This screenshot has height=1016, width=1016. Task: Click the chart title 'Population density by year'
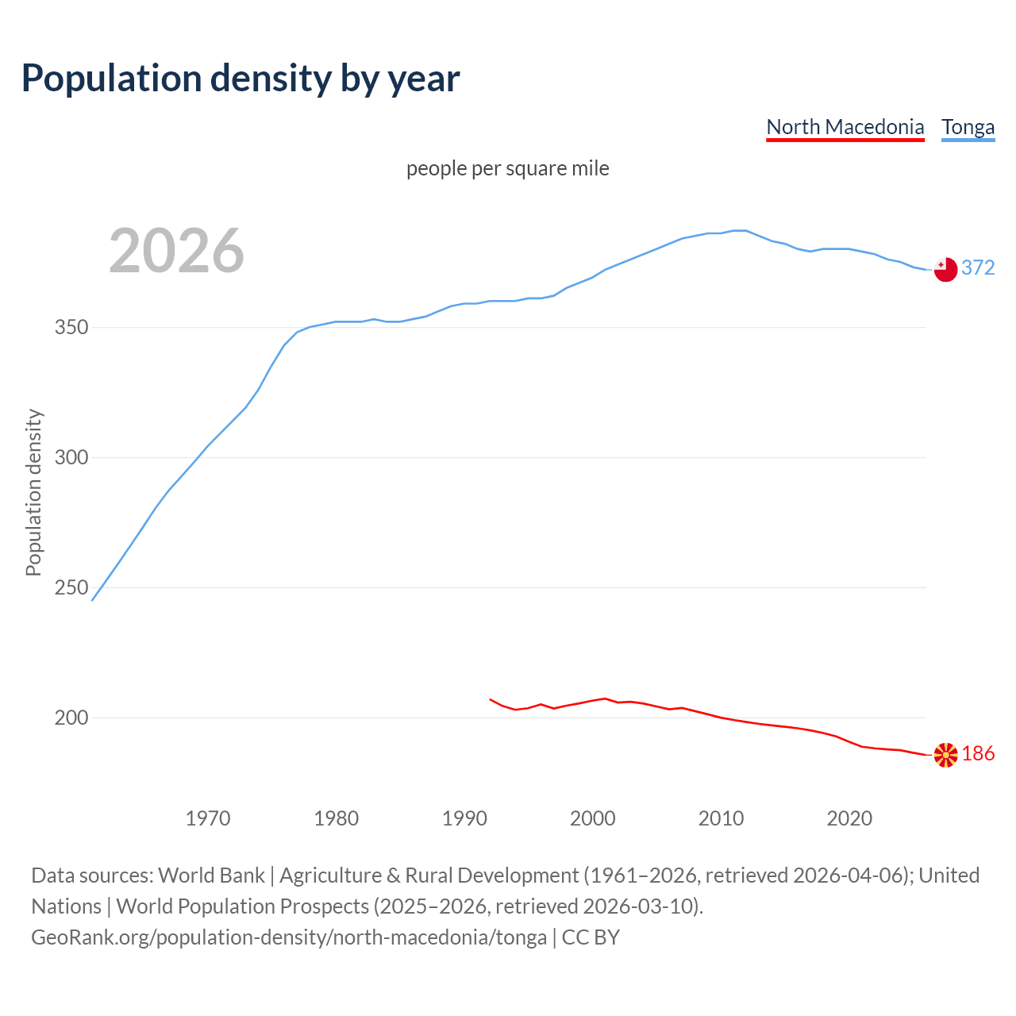point(241,78)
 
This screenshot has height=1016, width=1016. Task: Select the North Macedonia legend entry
point(845,127)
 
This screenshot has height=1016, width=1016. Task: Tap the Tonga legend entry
point(968,127)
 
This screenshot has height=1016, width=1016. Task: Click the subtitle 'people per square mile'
point(508,168)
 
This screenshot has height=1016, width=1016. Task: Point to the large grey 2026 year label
point(176,251)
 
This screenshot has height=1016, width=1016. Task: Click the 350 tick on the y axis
point(71,328)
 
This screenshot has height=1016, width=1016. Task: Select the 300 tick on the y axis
point(71,458)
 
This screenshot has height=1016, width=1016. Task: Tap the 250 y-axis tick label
point(71,588)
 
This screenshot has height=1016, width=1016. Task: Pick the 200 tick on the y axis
point(71,718)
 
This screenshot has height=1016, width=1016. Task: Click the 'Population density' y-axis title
point(33,492)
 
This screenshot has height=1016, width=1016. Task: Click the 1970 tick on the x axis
point(208,818)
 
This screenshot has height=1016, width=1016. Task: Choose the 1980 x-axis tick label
point(337,818)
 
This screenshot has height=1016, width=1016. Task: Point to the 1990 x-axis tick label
point(464,818)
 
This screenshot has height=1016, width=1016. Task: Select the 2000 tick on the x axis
point(593,818)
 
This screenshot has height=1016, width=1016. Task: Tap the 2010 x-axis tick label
point(722,818)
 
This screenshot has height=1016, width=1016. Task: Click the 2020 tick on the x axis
point(849,818)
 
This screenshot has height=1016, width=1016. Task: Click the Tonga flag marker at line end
point(945,270)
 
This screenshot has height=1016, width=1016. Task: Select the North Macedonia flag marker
point(945,755)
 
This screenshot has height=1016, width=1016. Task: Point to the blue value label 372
point(978,268)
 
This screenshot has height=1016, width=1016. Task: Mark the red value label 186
point(978,754)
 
